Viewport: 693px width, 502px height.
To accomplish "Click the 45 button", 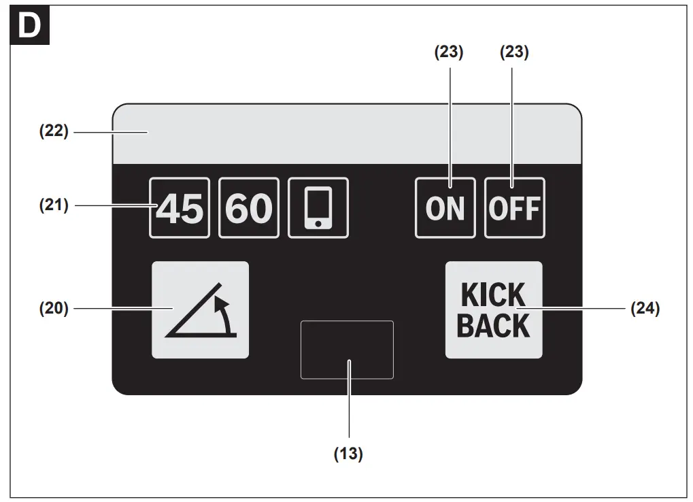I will click(x=180, y=208).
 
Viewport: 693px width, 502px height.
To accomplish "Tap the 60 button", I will click(x=249, y=208).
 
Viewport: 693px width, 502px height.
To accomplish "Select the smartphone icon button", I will click(x=318, y=208).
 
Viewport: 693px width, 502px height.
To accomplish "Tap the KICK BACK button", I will click(x=494, y=310).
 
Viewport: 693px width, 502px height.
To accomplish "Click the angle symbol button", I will click(x=200, y=310).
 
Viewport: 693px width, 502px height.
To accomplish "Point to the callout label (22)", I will click(x=53, y=131).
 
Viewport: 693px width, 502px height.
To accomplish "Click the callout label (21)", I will click(x=53, y=205).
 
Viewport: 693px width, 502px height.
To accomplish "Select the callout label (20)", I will click(x=53, y=308).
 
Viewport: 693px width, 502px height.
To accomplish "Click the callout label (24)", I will click(x=645, y=308).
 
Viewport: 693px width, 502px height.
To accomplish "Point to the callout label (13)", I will click(x=348, y=454).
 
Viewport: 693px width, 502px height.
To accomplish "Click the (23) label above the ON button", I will click(x=449, y=53).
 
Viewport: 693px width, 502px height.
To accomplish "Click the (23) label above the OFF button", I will click(x=514, y=53).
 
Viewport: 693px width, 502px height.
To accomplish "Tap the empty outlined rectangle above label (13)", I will click(x=347, y=350).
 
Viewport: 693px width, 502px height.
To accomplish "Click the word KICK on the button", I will click(x=494, y=296).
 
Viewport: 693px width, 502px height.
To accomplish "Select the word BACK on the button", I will click(x=494, y=325).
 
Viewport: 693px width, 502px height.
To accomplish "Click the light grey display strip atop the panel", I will click(x=347, y=133).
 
